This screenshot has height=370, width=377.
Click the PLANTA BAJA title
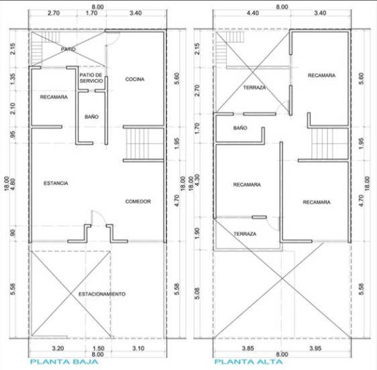pyautogui.click(x=63, y=362)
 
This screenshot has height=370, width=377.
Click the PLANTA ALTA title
pyautogui.click(x=246, y=362)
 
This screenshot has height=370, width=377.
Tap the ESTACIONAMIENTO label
pyautogui.click(x=101, y=294)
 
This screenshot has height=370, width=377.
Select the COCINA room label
pyautogui.click(x=135, y=79)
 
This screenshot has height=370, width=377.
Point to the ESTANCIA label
pyautogui.click(x=55, y=183)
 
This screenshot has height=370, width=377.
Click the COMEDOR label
pyautogui.click(x=138, y=201)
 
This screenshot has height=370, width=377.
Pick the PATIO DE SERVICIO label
pyautogui.click(x=91, y=78)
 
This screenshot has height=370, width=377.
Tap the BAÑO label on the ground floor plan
pyautogui.click(x=92, y=117)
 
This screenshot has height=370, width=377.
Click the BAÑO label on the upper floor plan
pyautogui.click(x=240, y=127)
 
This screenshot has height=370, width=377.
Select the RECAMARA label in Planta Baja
pyautogui.click(x=53, y=97)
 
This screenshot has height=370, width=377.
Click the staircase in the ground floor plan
pyautogui.click(x=144, y=143)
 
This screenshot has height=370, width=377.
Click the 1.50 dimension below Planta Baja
pyautogui.click(x=99, y=348)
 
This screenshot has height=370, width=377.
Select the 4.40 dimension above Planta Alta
pyautogui.click(x=252, y=13)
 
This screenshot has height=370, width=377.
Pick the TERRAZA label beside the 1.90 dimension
pyautogui.click(x=245, y=233)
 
